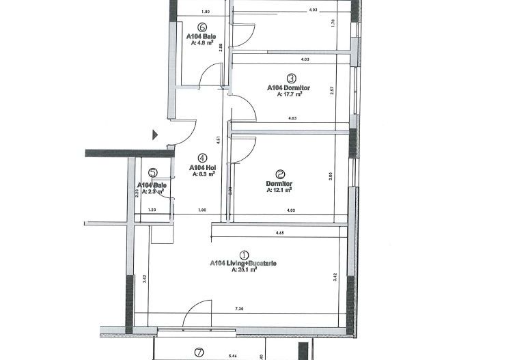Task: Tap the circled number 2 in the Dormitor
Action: click(279, 174)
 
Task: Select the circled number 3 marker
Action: click(291, 79)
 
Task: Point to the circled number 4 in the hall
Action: click(202, 156)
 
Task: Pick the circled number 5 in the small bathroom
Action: click(152, 174)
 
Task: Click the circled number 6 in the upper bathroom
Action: click(202, 26)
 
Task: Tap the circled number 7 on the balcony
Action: click(199, 352)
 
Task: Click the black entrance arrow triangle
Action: click(156, 135)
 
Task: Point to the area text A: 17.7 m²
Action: click(290, 95)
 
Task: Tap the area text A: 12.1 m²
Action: click(279, 191)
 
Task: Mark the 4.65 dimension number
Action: click(279, 234)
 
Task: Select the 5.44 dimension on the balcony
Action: click(233, 356)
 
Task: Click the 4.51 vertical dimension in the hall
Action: click(217, 141)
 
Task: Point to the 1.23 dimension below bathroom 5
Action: click(152, 210)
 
